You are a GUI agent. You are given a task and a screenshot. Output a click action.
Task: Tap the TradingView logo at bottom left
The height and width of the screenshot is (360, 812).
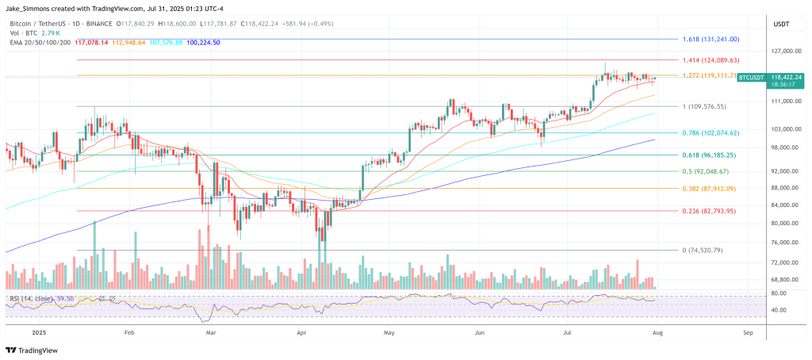[x=36, y=350]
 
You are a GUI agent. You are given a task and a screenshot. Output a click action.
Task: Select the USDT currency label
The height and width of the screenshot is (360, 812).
[x=781, y=25]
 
